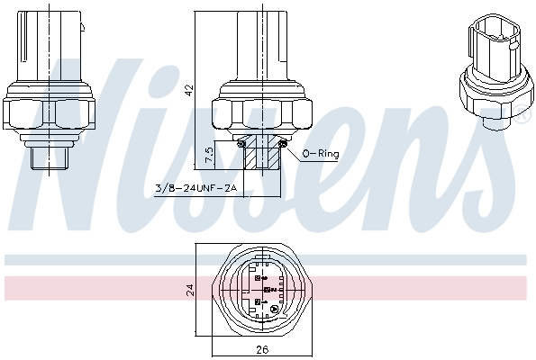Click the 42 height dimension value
[188, 89]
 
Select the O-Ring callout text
[320, 154]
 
